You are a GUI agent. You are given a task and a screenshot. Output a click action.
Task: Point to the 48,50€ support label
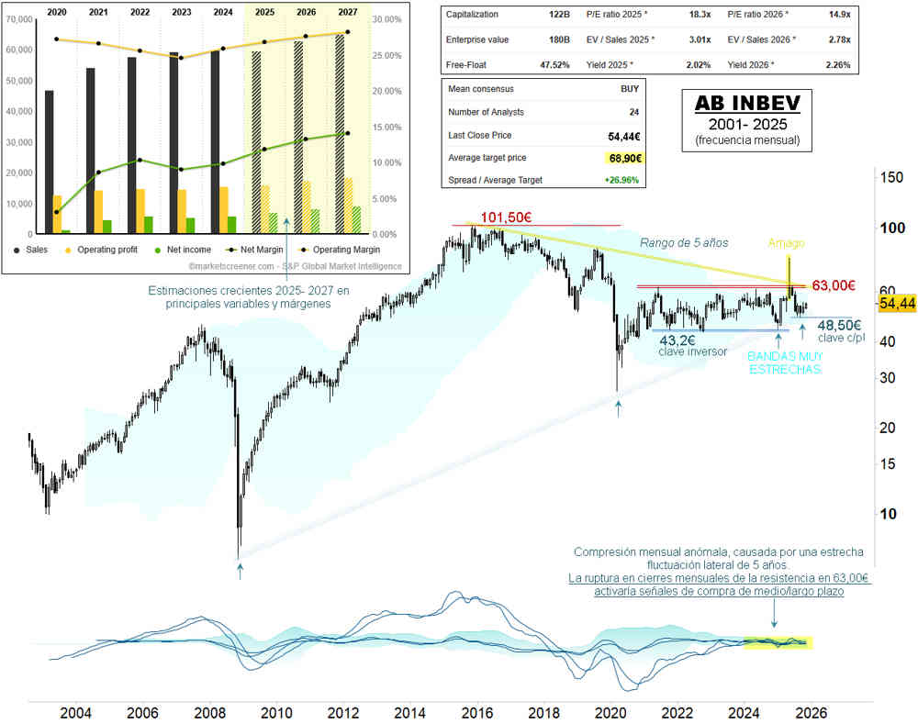click(839, 325)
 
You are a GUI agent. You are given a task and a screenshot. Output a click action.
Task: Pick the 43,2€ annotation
click(680, 339)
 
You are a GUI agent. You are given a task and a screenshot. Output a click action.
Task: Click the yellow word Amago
click(787, 243)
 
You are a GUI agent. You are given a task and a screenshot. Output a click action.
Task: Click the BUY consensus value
click(630, 89)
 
